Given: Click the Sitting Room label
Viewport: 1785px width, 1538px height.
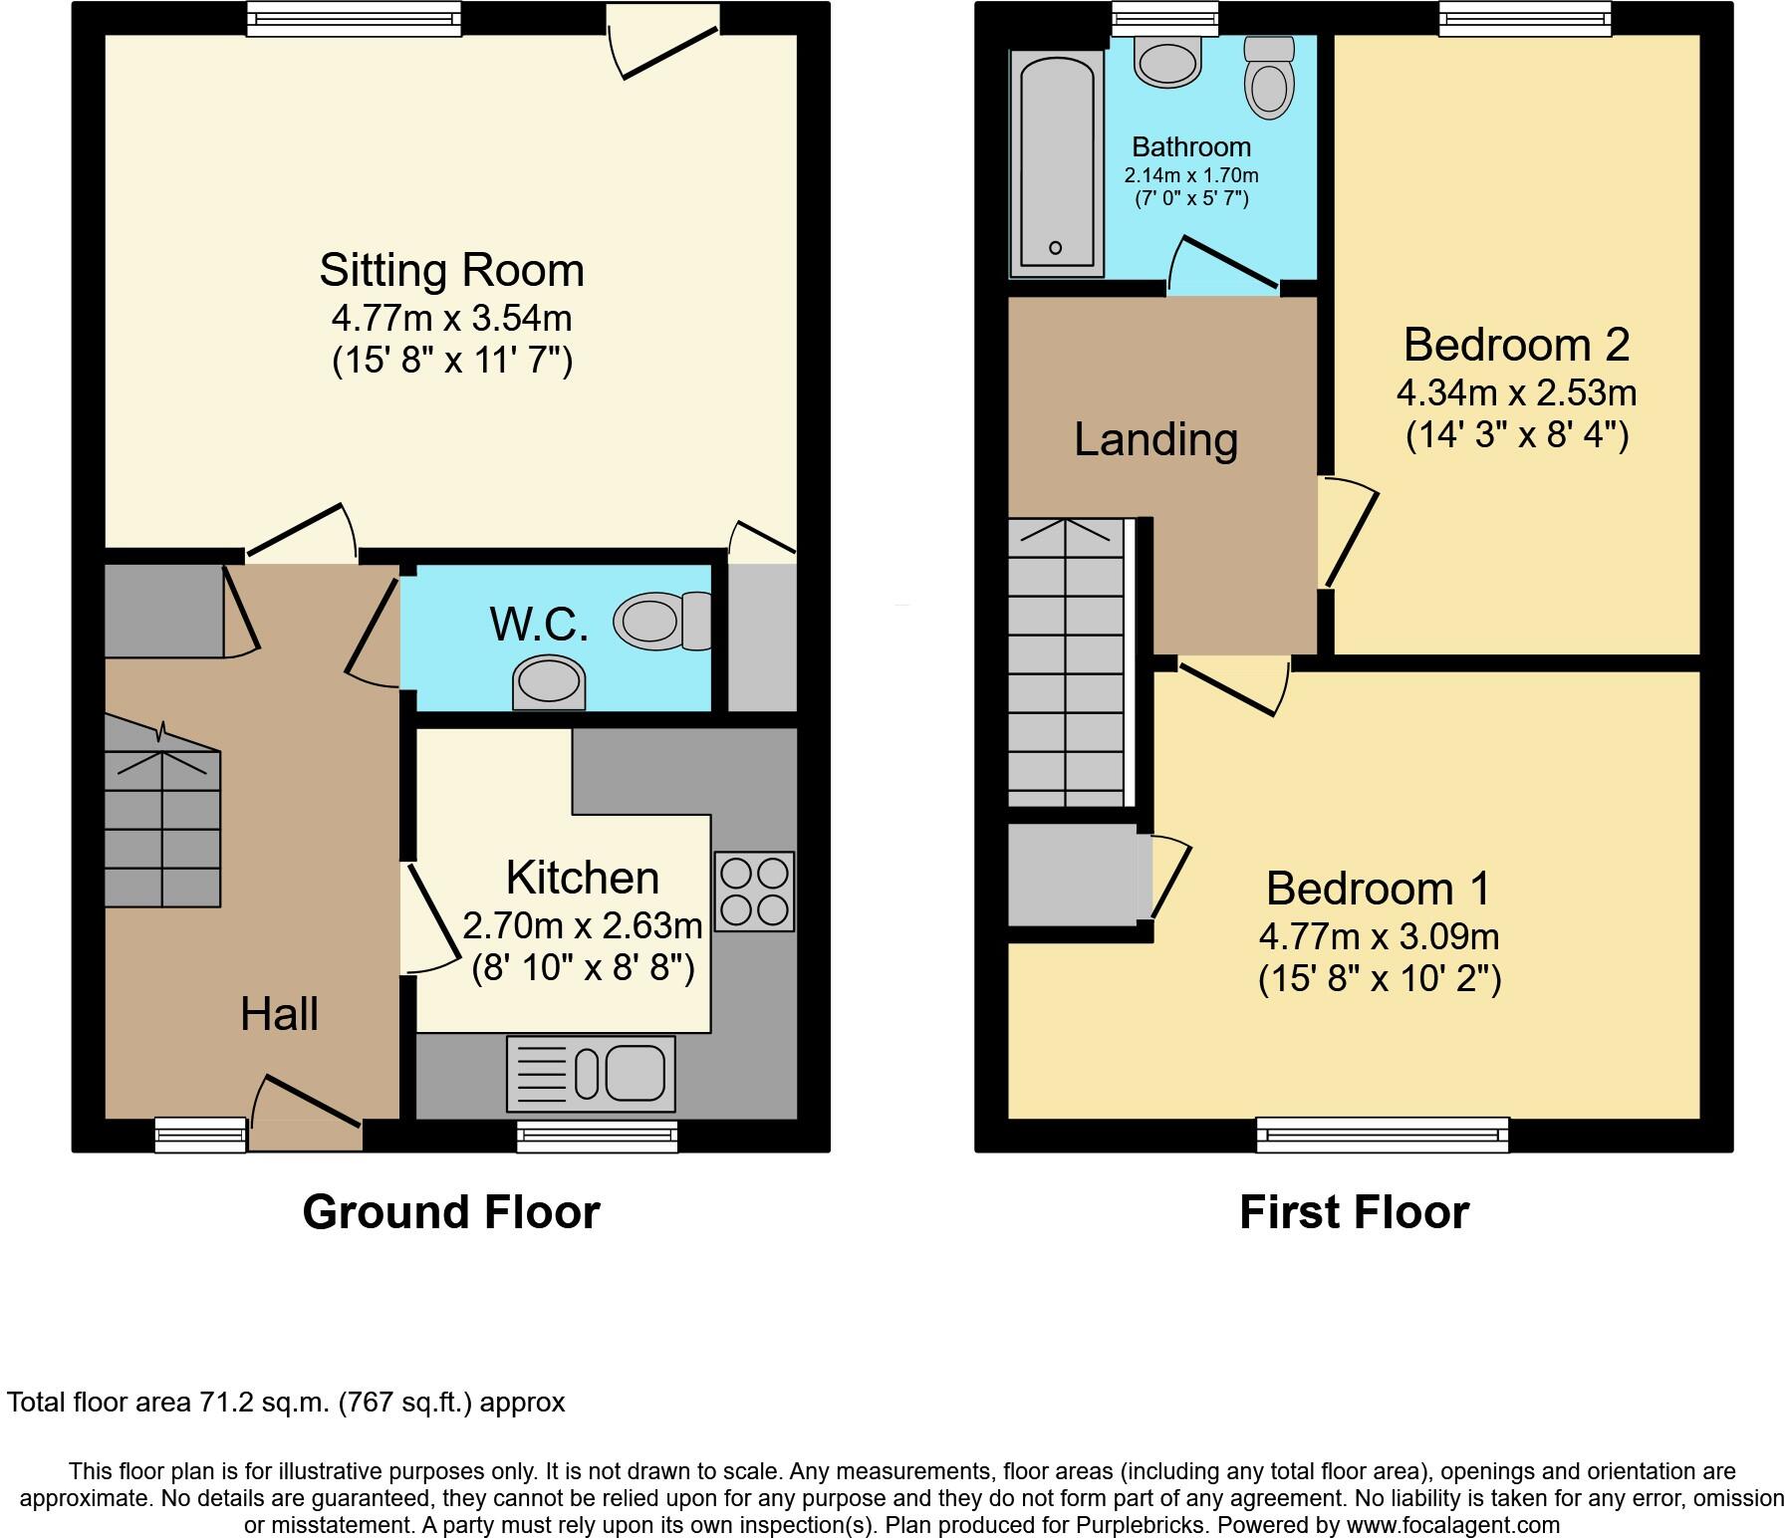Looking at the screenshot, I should [451, 271].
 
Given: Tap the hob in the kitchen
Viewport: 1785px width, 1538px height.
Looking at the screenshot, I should [754, 891].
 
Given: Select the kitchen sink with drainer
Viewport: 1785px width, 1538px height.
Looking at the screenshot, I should [591, 1074].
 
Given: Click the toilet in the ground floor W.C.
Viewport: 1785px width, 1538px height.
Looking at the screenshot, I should [661, 621].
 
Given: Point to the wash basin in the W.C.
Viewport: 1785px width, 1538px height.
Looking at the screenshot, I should [548, 684].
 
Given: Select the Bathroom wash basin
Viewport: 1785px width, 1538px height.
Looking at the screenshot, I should [1166, 62].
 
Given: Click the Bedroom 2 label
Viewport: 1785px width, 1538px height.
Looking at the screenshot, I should [1516, 346].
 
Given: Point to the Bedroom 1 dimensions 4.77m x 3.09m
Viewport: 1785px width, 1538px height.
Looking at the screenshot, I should [1380, 937].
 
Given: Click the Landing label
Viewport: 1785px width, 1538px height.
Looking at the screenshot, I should [1155, 439].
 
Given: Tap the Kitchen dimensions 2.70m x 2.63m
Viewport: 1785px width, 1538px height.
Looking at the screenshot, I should [583, 926].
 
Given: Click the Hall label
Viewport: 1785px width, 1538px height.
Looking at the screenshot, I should [279, 1014].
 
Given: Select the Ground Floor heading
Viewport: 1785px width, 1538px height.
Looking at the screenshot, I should [451, 1212].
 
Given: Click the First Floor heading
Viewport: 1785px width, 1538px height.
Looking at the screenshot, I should [1354, 1212].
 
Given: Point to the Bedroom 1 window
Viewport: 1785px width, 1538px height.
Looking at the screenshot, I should [1382, 1134].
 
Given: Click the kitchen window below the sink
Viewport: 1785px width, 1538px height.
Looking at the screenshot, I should [597, 1136].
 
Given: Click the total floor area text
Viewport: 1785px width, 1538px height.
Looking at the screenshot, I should [286, 1403].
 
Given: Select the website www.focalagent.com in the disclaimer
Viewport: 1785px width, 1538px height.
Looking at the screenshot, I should [1453, 1524].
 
